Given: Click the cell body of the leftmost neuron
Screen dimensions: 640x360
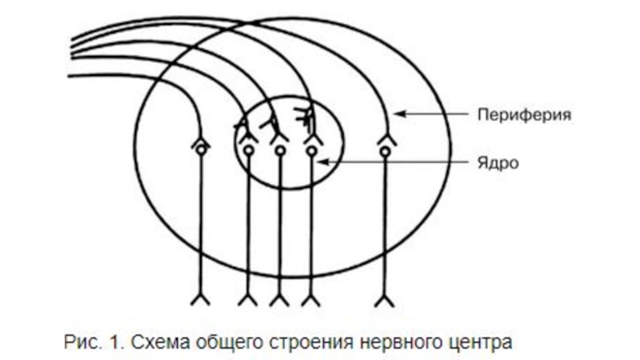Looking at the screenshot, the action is (x=200, y=149).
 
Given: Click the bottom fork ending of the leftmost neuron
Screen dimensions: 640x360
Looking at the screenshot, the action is (x=200, y=300).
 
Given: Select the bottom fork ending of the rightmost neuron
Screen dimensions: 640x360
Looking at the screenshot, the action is (x=385, y=300).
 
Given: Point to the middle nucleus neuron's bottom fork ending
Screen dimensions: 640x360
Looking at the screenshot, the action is (x=279, y=300).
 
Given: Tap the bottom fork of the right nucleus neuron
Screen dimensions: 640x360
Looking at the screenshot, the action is (x=310, y=300).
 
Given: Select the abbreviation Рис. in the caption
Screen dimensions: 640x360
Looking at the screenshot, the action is (x=77, y=342).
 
